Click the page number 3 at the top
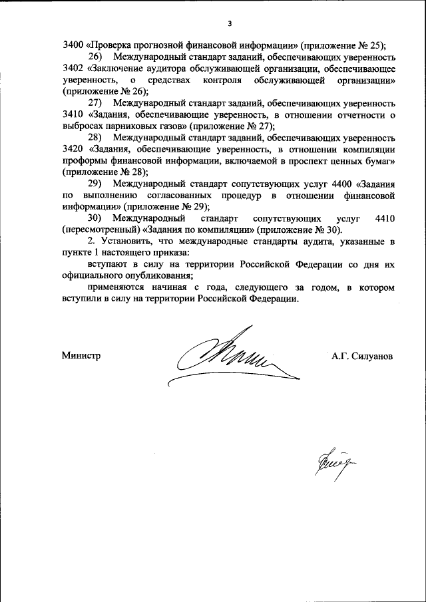tap(229, 25)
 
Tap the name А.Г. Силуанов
tap(362, 356)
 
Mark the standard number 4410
tap(385, 218)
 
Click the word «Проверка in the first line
tap(108, 46)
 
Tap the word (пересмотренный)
tap(100, 229)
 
